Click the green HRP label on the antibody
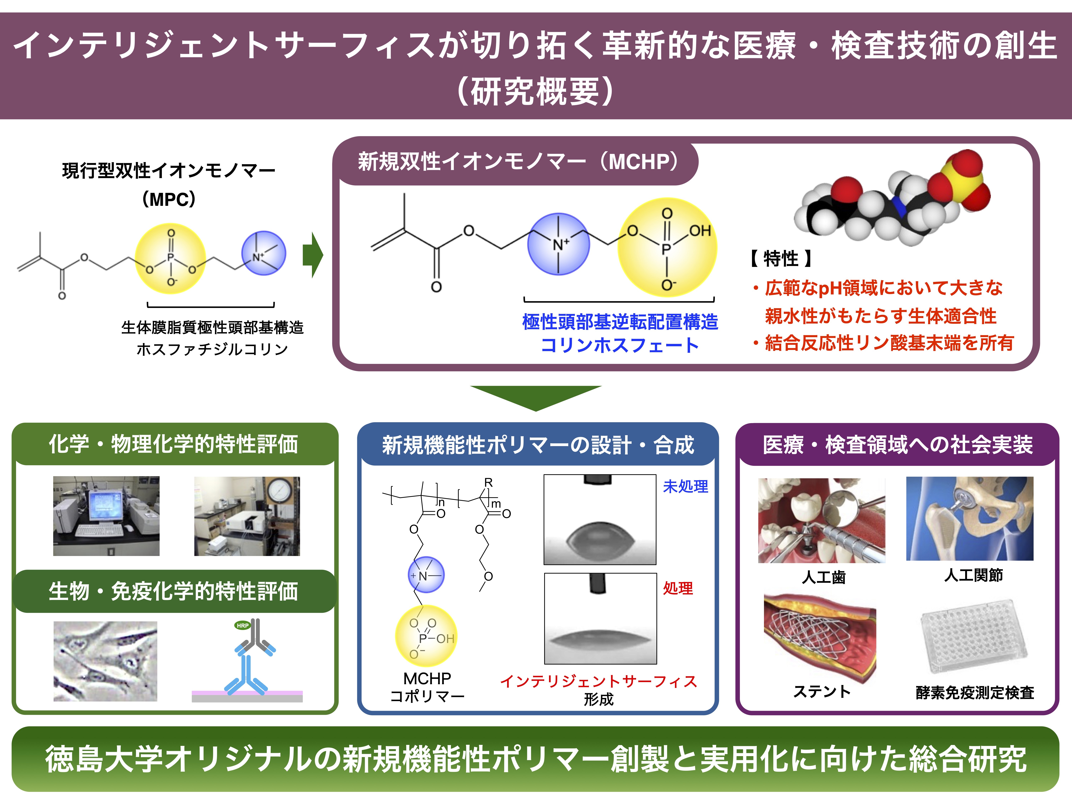click(x=242, y=625)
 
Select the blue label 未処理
click(x=685, y=486)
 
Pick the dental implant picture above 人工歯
click(x=822, y=520)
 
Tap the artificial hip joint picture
click(x=969, y=518)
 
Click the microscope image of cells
click(x=105, y=661)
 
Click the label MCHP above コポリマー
click(x=427, y=678)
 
